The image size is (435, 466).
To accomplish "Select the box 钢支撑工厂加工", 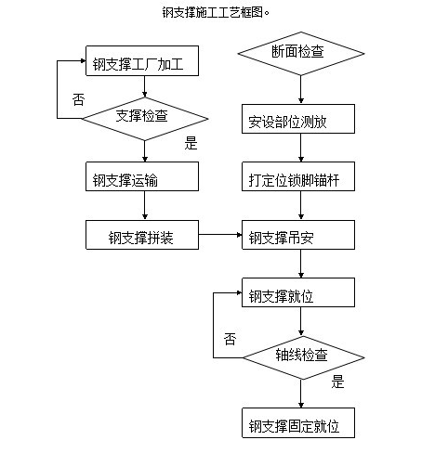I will pos(144,64).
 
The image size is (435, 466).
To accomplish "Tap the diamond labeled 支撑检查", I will pos(145,117).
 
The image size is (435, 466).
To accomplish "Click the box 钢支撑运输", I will pos(144,179).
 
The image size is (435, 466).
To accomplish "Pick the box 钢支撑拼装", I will pos(144,236).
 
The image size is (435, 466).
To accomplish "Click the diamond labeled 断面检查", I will pos(299,53).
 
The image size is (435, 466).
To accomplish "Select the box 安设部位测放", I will pos(299,121).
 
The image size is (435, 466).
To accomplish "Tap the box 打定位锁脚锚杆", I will pos(299,179).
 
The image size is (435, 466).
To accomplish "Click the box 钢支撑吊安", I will pos(299,236).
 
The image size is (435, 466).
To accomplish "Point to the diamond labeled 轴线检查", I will pos(299,354).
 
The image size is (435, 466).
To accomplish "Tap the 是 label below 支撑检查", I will pos(192,142).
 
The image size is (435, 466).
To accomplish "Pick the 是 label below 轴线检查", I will pos(338,380).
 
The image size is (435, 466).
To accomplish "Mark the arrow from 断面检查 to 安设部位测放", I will pos(299,90).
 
